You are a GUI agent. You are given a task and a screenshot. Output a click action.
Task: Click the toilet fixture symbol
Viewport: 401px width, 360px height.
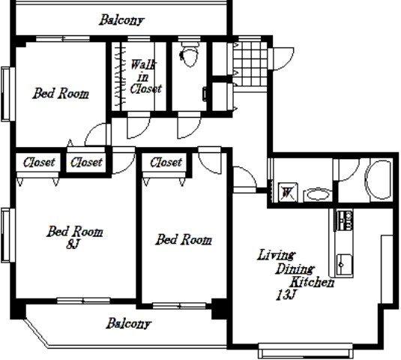pos(190,54)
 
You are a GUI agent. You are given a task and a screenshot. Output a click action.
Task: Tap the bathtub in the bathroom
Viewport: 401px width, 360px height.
pos(379,180)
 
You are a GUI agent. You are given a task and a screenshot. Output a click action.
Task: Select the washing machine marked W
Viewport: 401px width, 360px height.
pos(288,192)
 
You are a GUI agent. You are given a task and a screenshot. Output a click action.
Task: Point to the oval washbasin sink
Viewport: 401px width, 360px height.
pos(318,195)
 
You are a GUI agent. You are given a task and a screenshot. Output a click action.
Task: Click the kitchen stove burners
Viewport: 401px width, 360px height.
pos(344,220)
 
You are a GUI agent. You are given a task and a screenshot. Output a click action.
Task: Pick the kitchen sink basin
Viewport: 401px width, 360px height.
pos(344,265)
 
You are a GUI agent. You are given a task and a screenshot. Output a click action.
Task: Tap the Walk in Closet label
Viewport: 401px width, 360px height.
pos(145,76)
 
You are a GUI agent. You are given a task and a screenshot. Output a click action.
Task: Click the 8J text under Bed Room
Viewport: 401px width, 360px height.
pos(73,244)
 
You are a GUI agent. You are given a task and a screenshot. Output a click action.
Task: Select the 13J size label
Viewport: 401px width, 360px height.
pos(286,295)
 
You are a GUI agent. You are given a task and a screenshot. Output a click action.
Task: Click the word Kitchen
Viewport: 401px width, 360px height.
pos(312,282)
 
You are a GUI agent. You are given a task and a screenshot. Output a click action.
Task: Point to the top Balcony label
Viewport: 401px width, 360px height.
pos(121,20)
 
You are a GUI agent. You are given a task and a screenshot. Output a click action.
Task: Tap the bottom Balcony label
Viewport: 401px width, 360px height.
pos(129,323)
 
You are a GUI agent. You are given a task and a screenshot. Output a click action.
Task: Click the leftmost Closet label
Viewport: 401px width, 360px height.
pos(39,162)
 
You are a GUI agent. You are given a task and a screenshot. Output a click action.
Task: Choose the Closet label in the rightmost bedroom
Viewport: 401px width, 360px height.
pos(166,162)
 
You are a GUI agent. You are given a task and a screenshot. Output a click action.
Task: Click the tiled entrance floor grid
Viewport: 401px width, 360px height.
pos(250,64)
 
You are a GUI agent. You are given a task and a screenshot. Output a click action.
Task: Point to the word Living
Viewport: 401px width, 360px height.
pos(276,255)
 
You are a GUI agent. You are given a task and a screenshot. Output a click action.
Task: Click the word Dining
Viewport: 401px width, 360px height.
pos(295,268)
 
